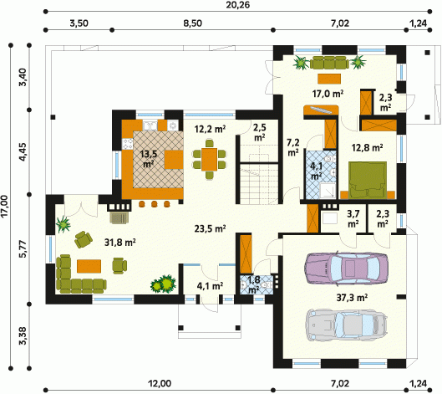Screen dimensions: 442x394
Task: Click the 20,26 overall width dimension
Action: pyautogui.click(x=237, y=4)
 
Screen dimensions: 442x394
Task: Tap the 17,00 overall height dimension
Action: pyautogui.click(x=5, y=207)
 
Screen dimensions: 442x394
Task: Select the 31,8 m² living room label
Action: pyautogui.click(x=120, y=242)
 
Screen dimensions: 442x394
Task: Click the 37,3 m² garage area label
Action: pyautogui.click(x=352, y=297)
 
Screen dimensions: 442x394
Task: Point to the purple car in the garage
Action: pyautogui.click(x=346, y=269)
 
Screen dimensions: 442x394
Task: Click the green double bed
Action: pyautogui.click(x=368, y=181)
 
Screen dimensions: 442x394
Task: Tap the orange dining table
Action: pyautogui.click(x=209, y=160)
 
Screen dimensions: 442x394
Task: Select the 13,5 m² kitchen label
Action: pyautogui.click(x=149, y=159)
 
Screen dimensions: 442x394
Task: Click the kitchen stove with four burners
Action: pyautogui.click(x=127, y=144)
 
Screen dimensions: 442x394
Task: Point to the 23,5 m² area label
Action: pyautogui.click(x=210, y=228)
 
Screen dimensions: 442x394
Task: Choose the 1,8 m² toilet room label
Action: pyautogui.click(x=254, y=284)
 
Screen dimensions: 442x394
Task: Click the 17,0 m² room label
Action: pyautogui.click(x=328, y=94)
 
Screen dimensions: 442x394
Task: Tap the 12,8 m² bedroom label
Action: pyautogui.click(x=367, y=147)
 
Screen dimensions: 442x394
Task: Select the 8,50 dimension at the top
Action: pyautogui.click(x=193, y=23)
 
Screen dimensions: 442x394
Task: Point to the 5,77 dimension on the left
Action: pyautogui.click(x=23, y=249)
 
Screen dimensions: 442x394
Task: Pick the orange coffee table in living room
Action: pyautogui.click(x=89, y=266)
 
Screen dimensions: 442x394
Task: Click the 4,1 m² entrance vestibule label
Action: pyautogui.click(x=210, y=286)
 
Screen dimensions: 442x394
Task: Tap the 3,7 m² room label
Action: pyautogui.click(x=353, y=218)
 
